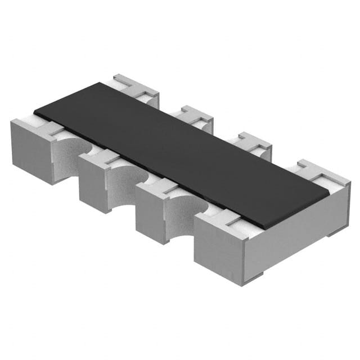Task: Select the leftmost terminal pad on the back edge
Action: [135, 87]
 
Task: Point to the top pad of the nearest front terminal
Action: [225, 222]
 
